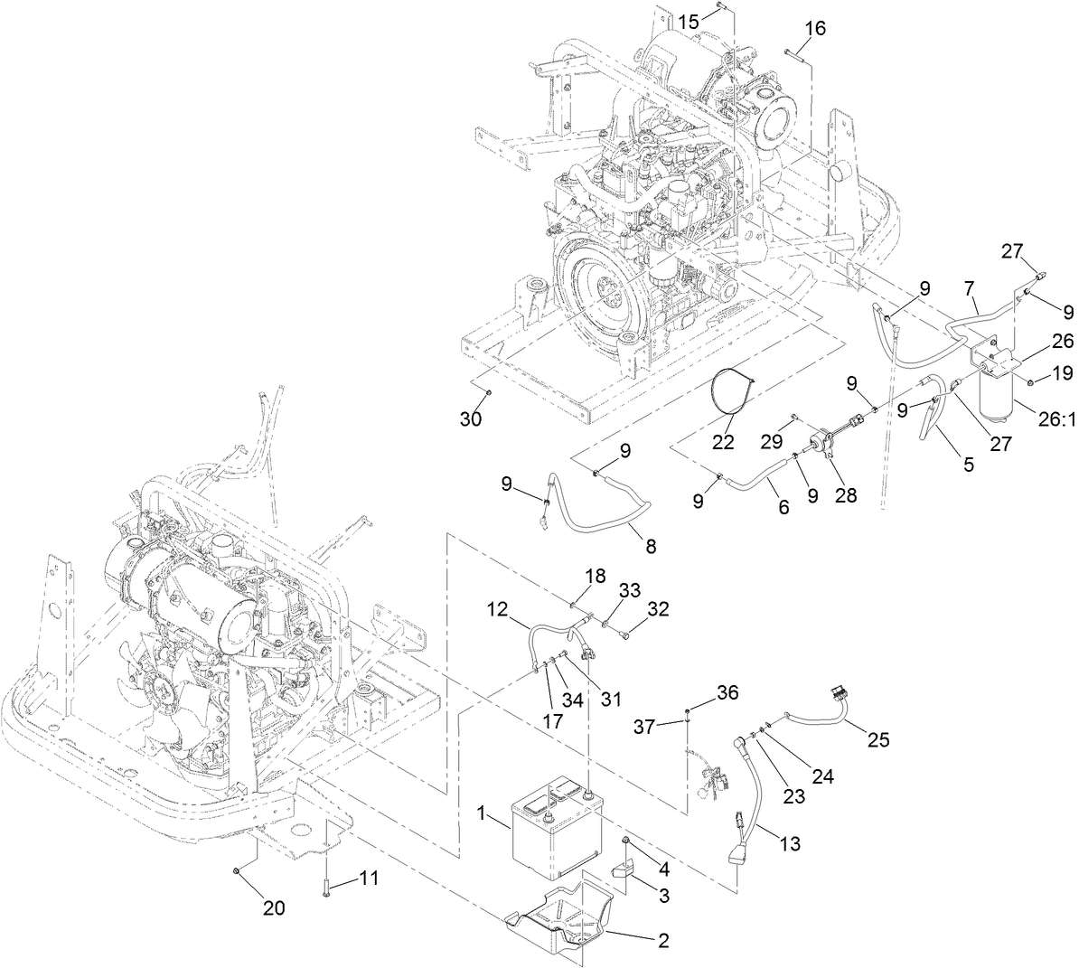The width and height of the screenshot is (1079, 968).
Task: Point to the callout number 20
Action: [x=274, y=908]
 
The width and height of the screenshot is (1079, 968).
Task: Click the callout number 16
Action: [x=815, y=29]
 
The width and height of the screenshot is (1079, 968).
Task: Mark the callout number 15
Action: [x=689, y=21]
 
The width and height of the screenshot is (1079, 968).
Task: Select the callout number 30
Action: [x=470, y=418]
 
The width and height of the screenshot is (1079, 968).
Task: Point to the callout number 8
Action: [x=652, y=546]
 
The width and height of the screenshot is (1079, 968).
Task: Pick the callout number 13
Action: [x=789, y=844]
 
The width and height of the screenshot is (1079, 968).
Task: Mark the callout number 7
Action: [x=970, y=288]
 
